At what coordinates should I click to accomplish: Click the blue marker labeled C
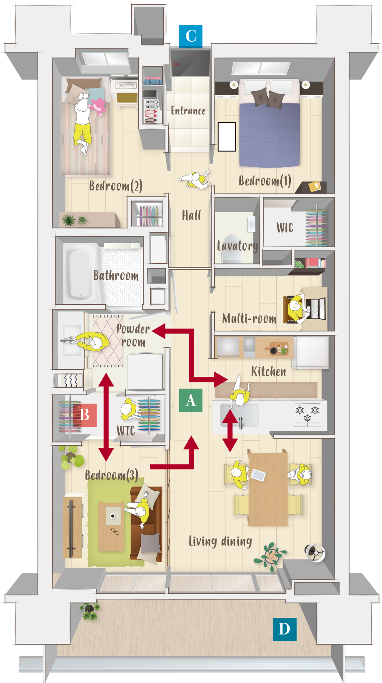[191, 37]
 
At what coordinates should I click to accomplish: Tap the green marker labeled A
[191, 400]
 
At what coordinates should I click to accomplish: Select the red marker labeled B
[85, 415]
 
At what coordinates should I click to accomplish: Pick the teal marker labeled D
[285, 629]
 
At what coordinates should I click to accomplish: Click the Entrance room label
[188, 110]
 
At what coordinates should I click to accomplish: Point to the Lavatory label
[237, 246]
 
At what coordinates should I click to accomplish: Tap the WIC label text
[285, 228]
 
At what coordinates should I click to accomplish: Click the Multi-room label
[250, 318]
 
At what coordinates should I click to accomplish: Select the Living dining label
[220, 542]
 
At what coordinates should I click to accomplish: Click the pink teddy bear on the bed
[98, 106]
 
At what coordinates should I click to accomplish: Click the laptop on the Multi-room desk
[317, 309]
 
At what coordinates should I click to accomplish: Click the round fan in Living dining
[315, 552]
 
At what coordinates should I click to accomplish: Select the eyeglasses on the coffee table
[115, 532]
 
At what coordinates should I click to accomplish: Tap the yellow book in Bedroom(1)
[315, 186]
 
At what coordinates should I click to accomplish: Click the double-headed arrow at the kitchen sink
[230, 430]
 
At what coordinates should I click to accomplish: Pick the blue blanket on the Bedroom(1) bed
[269, 134]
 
